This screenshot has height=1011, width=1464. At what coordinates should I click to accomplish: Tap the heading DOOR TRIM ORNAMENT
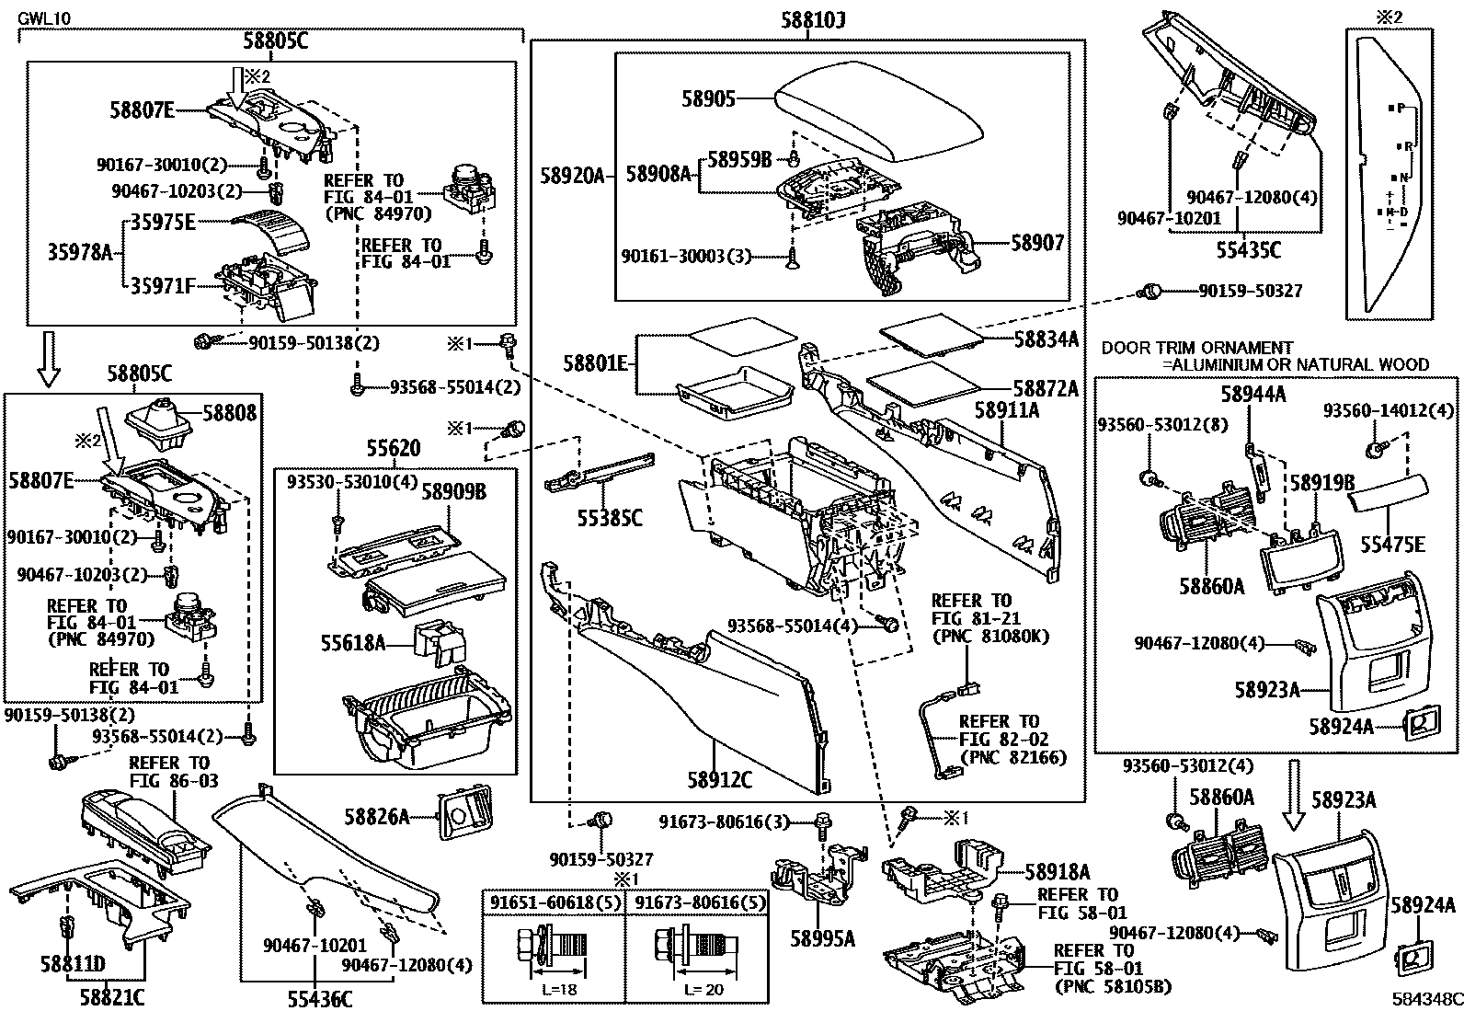tap(1196, 348)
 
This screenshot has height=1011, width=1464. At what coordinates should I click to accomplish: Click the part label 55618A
tap(352, 642)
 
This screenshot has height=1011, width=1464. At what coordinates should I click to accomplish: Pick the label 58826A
tap(376, 815)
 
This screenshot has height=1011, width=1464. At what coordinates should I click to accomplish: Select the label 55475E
tap(1393, 546)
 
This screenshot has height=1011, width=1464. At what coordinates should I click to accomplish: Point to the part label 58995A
tap(822, 938)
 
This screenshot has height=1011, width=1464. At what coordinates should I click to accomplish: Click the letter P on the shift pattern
tap(1401, 108)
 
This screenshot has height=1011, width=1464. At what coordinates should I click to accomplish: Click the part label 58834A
tap(1046, 339)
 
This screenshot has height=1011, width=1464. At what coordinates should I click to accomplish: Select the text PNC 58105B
tap(1113, 987)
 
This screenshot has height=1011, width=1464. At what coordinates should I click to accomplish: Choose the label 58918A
tap(1057, 871)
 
